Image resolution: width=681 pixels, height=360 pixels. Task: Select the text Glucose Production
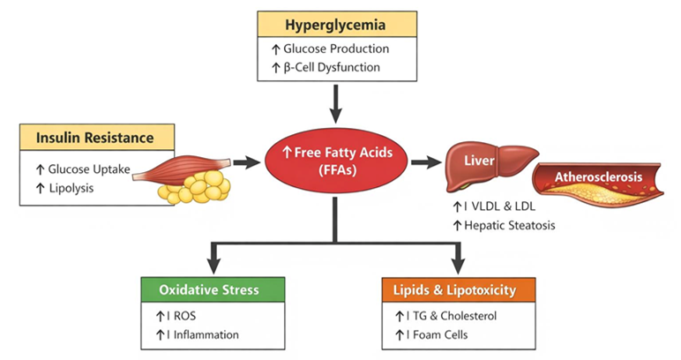tap(341, 49)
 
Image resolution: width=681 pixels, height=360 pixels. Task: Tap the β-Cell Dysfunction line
tap(338, 67)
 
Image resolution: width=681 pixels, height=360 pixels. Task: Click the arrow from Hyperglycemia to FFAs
tap(335, 106)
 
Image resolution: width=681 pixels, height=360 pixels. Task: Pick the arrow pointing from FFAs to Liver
tap(423, 162)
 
